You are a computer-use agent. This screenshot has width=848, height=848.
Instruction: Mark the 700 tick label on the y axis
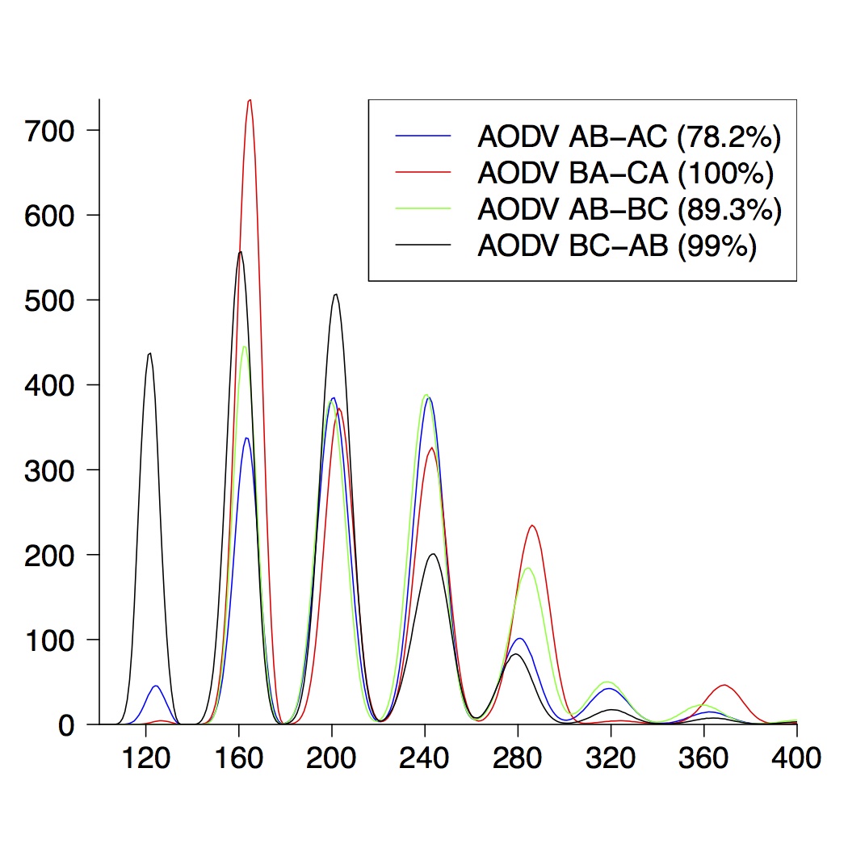pyautogui.click(x=50, y=130)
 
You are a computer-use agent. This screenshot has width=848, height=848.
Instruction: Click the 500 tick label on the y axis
pyautogui.click(x=50, y=300)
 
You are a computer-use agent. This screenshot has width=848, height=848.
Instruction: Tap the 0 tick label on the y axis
pyautogui.click(x=68, y=725)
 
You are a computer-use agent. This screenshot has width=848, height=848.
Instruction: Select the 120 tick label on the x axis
pyautogui.click(x=145, y=758)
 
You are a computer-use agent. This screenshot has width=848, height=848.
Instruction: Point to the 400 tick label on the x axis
pyautogui.click(x=796, y=758)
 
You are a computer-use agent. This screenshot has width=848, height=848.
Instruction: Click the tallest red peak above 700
pyautogui.click(x=250, y=100)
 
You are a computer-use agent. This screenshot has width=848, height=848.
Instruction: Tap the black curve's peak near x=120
pyautogui.click(x=149, y=354)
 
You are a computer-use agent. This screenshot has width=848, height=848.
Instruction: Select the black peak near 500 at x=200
pyautogui.click(x=336, y=295)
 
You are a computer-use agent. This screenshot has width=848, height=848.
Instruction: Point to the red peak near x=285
pyautogui.click(x=532, y=526)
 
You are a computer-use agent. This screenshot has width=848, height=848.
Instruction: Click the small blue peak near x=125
pyautogui.click(x=156, y=686)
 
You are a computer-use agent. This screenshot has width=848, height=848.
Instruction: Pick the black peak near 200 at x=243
pyautogui.click(x=434, y=554)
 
